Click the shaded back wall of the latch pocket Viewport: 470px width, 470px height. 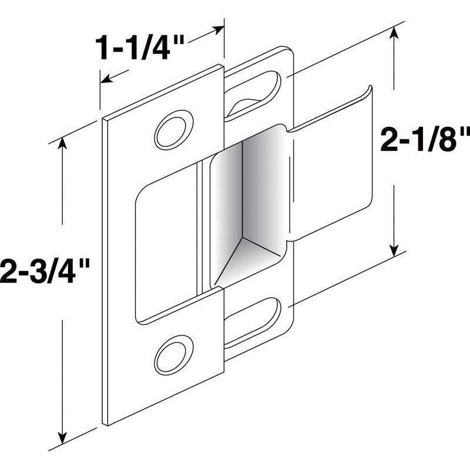point(247,188)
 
